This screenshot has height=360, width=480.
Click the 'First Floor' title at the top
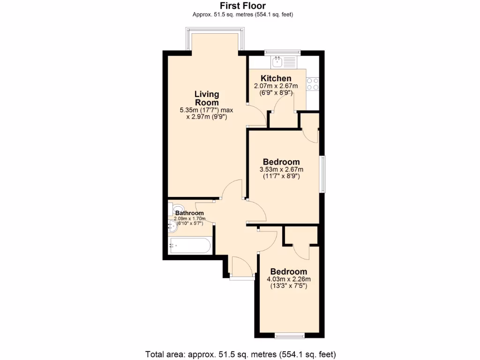(x=243, y=6)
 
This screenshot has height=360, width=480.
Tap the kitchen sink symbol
(x=278, y=60)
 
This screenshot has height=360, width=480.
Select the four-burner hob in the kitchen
(x=313, y=83)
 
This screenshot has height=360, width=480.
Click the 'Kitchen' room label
(x=276, y=78)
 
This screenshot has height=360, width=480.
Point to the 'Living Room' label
(x=207, y=98)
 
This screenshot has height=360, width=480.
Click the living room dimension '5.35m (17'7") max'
(x=206, y=110)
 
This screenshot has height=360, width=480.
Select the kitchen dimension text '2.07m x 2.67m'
(x=276, y=86)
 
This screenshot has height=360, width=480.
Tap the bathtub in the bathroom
(x=190, y=245)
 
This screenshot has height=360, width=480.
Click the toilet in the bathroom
(x=177, y=209)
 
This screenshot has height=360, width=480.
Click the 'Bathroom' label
(x=189, y=213)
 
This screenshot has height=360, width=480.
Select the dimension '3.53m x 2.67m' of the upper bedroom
(x=281, y=169)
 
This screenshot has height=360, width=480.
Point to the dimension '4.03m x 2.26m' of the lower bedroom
(x=288, y=279)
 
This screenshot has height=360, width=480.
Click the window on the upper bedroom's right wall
(x=322, y=173)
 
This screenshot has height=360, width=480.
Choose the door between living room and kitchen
(x=255, y=114)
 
